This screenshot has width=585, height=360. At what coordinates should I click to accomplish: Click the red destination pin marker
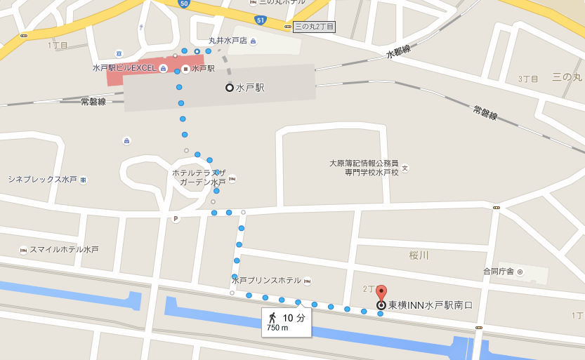point(381,292)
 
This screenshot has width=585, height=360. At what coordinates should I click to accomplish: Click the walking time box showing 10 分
point(287,322)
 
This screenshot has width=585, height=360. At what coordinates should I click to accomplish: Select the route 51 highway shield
point(261,20)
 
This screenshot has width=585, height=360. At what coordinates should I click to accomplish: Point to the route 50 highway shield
point(184,4)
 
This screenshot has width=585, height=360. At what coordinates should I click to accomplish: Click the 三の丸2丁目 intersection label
point(313,27)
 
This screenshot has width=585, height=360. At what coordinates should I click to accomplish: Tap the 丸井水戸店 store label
point(228,41)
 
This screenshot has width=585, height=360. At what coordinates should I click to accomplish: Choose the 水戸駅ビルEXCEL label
point(124,68)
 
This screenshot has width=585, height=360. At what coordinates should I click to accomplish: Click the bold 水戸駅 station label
point(250,88)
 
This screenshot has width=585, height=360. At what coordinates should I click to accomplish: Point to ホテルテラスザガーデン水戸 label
point(199,177)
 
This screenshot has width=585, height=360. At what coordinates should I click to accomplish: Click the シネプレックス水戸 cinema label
point(42,180)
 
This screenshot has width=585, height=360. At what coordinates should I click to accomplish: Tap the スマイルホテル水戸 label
point(64,250)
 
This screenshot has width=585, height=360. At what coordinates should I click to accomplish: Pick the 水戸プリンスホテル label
point(266,281)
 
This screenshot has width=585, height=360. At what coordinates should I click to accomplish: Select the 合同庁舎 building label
point(498,271)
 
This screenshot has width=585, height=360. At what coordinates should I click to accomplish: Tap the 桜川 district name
point(419,255)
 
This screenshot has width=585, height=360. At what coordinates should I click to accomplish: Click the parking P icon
point(176,218)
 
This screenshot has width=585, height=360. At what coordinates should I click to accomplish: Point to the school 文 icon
point(405,168)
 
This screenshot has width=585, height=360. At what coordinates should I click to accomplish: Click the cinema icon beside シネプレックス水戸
point(84,180)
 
